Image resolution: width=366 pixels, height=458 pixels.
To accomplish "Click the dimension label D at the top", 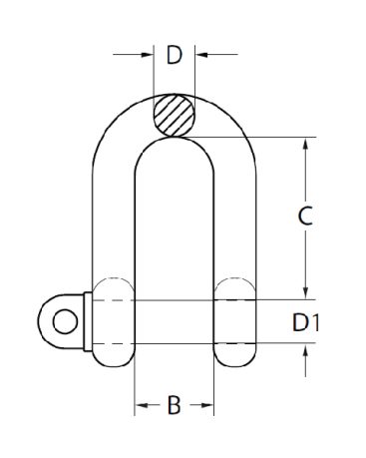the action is (175, 55).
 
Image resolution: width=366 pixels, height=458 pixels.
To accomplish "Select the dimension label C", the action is (305, 216).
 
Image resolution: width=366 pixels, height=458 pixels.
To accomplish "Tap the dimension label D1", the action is (305, 322).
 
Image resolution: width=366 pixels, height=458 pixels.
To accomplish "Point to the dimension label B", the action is (174, 405).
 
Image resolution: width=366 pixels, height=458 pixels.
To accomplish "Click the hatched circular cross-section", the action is (175, 116).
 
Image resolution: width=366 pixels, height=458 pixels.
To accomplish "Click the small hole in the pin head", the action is (65, 321).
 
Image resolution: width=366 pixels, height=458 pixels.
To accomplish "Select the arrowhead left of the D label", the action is (147, 54).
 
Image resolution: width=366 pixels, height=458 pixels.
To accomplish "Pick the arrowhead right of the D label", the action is (201, 54).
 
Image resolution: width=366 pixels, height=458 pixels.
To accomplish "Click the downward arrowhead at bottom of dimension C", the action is (306, 293).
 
